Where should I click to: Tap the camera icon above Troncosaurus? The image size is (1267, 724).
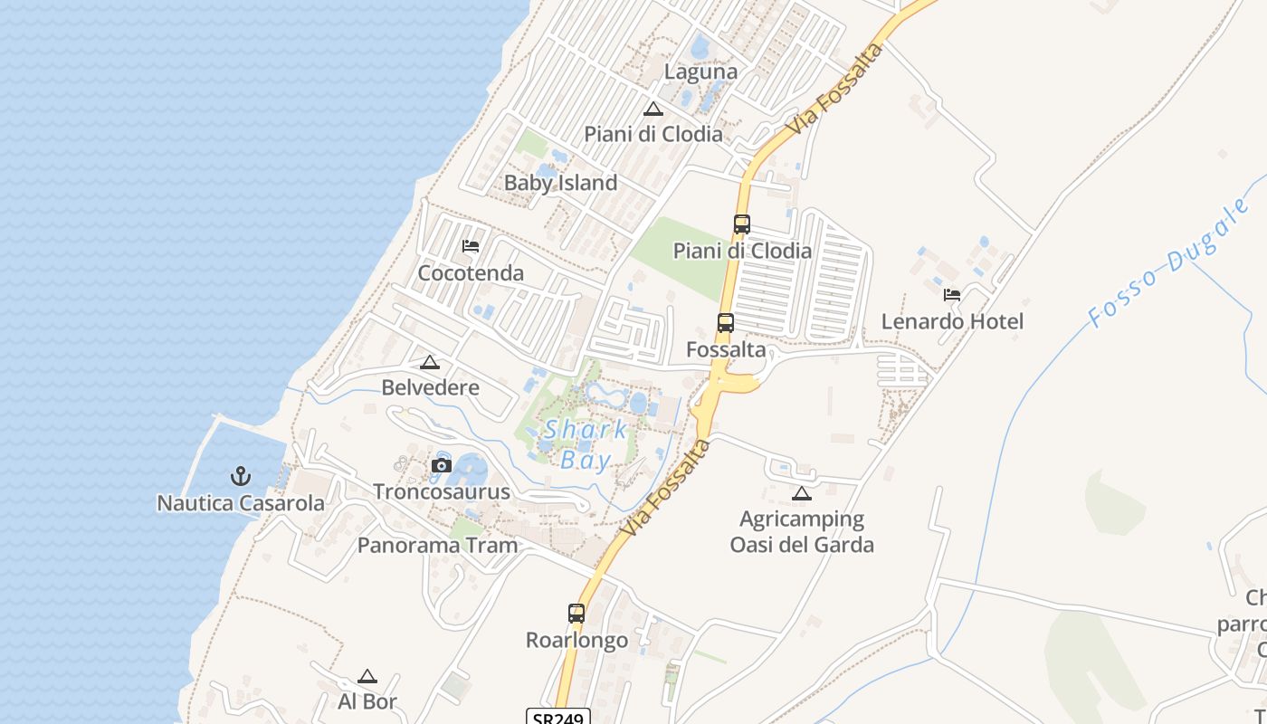coord(442,466)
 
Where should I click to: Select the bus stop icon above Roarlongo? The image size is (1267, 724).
coord(576,613)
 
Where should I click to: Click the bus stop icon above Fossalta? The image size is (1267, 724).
coord(725,322)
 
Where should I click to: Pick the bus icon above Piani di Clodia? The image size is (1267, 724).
coord(742,224)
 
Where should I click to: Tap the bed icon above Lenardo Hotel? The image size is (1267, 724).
coord(952,294)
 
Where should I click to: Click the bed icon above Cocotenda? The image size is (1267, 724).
coord(471,245)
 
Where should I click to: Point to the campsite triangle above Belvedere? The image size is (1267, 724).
coord(430,363)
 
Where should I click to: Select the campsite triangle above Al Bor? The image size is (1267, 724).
coord(367,676)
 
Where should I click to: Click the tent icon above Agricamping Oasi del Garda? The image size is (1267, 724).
coord(801,493)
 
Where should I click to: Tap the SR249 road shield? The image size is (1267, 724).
coord(557,717)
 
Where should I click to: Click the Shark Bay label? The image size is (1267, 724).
coord(585,444)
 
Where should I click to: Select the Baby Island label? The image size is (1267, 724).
coord(560,183)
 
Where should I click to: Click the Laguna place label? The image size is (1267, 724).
coord(700,71)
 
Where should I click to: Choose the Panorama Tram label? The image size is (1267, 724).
coord(437,545)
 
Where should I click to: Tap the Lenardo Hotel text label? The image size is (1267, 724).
coord(952,321)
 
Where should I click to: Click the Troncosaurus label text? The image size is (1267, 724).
coord(442,492)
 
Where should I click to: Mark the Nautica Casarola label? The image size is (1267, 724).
coord(241,503)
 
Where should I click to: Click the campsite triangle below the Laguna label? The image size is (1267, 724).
coord(653,110)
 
